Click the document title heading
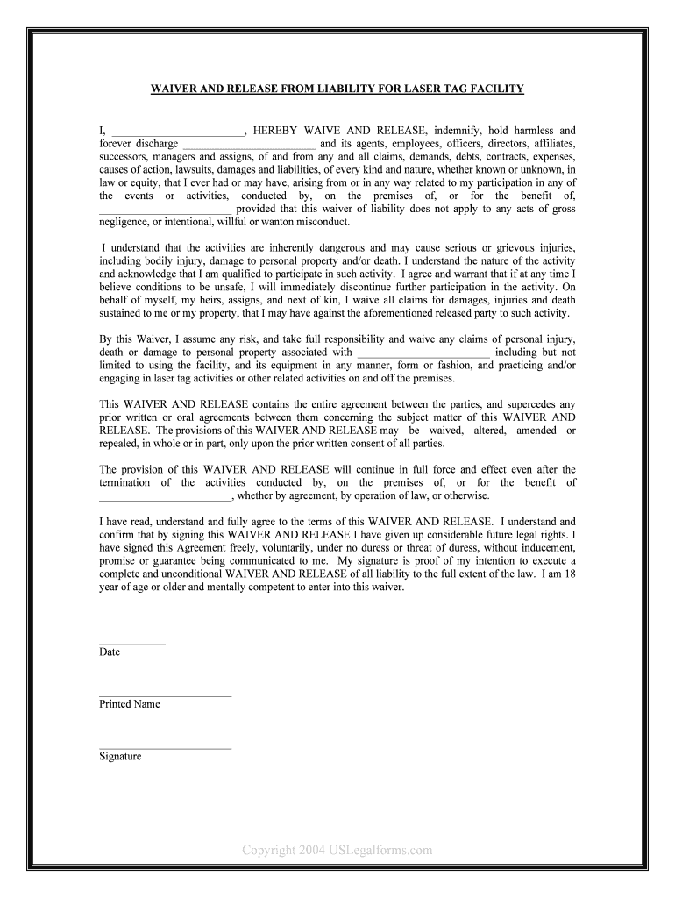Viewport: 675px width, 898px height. click(x=337, y=89)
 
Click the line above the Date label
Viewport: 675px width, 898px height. click(x=131, y=644)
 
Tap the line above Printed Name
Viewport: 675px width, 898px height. click(x=166, y=695)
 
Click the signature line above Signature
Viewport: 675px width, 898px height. click(x=166, y=748)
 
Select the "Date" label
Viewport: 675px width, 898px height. click(x=110, y=652)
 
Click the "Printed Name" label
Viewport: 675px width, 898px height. click(x=130, y=704)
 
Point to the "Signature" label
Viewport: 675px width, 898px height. click(x=120, y=756)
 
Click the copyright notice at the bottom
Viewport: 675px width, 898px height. click(x=337, y=850)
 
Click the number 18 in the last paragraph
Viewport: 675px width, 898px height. click(x=570, y=574)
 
